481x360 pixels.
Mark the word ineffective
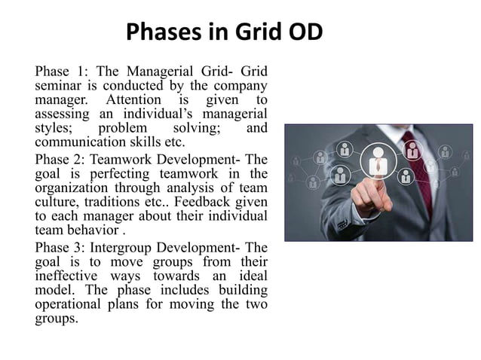coord(69,276)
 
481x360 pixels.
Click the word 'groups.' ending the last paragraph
coord(56,318)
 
